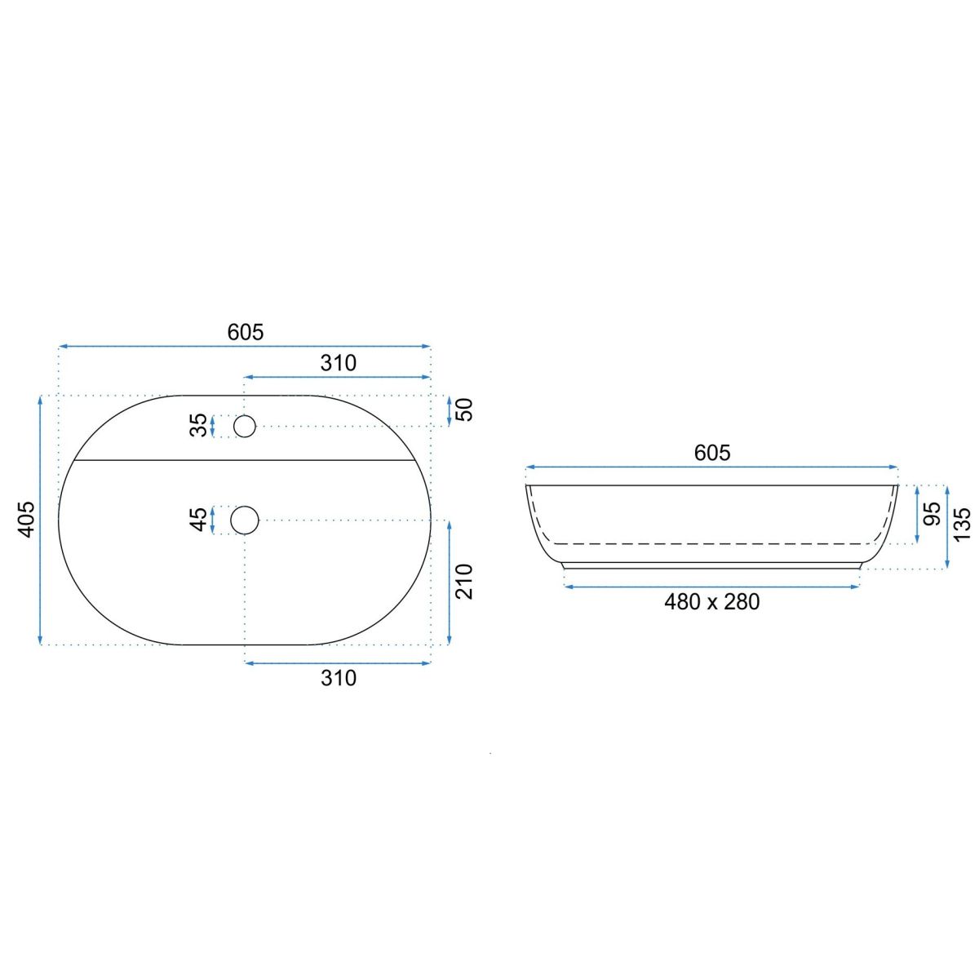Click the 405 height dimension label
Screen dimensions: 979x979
[x=26, y=519]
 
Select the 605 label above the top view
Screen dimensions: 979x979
[x=246, y=332]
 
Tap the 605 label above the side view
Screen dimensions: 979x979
[x=711, y=453]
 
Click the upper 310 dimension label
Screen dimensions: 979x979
[x=339, y=363]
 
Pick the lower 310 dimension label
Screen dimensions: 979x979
[x=339, y=678]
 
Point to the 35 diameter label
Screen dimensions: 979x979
[x=198, y=425]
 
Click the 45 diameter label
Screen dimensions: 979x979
[x=198, y=520]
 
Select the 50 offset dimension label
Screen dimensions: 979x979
[x=464, y=410]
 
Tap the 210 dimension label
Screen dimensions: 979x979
[x=464, y=582]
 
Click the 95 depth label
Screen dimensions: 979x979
[x=932, y=514]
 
